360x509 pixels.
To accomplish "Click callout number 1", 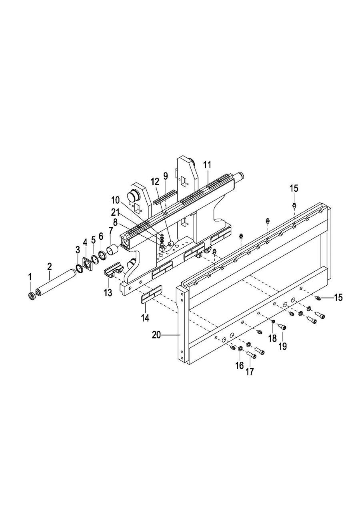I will coord(30,277).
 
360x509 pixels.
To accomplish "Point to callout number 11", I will coord(207,165).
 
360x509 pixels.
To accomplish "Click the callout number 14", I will coord(145,318).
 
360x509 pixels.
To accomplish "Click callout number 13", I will coord(108,292).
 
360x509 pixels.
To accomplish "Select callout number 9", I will coord(165,176).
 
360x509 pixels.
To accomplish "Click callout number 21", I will coord(115,212).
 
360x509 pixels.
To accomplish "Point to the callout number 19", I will coord(282,346).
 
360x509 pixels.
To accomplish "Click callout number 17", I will coord(250,372).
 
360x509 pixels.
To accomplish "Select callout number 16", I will coord(239,366).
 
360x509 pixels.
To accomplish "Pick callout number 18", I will coord(272,338).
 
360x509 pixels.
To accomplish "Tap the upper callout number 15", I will coord(294,188).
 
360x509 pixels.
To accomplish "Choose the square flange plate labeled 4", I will coord(86,265).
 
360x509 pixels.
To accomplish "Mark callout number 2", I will coord(50,266).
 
